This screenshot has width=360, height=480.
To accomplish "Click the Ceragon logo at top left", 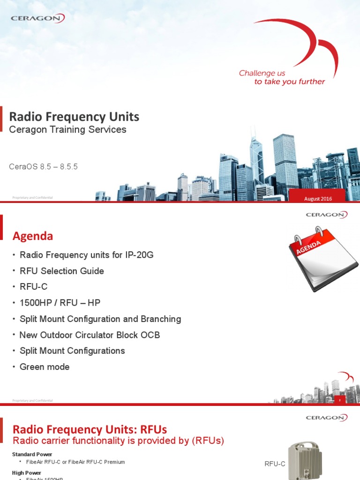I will point(38,18).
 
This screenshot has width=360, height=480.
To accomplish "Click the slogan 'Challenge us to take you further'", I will point(282,77).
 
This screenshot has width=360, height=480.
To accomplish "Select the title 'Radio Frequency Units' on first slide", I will point(74,117).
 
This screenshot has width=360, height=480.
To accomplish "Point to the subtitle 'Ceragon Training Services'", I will point(67,130).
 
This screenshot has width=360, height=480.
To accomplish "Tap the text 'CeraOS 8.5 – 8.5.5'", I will point(43,167).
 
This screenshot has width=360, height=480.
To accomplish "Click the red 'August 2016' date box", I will point(318,199).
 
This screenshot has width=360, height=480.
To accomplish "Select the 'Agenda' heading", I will point(32,236).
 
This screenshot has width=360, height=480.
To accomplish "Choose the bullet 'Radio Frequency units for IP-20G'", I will point(86,255).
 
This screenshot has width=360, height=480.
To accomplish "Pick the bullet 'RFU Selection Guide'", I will point(61,271).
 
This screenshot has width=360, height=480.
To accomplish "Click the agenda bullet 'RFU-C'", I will point(33,287).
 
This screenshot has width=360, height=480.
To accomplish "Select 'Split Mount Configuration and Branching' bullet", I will point(100,319).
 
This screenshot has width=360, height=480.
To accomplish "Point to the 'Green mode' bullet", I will point(44,367).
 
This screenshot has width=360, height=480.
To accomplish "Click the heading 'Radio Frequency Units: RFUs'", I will point(89,429).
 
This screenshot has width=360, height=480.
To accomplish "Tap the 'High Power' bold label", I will point(26,472).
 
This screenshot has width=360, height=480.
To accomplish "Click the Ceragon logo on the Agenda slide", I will point(326,215).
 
